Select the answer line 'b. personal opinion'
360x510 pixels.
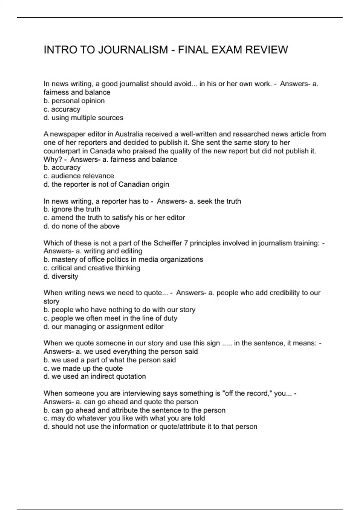tap(74, 101)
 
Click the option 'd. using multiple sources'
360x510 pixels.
tap(83, 118)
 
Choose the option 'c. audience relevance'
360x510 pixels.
tap(79, 176)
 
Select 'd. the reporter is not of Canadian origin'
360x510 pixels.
tap(106, 184)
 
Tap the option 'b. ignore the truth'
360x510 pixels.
tap(72, 209)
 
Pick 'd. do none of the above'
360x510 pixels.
tap(82, 226)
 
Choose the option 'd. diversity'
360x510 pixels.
tap(61, 276)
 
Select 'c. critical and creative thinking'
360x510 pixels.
tap(92, 268)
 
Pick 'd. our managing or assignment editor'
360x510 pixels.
tap(103, 327)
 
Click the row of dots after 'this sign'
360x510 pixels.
tap(227, 343)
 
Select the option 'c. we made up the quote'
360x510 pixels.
tap(83, 368)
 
